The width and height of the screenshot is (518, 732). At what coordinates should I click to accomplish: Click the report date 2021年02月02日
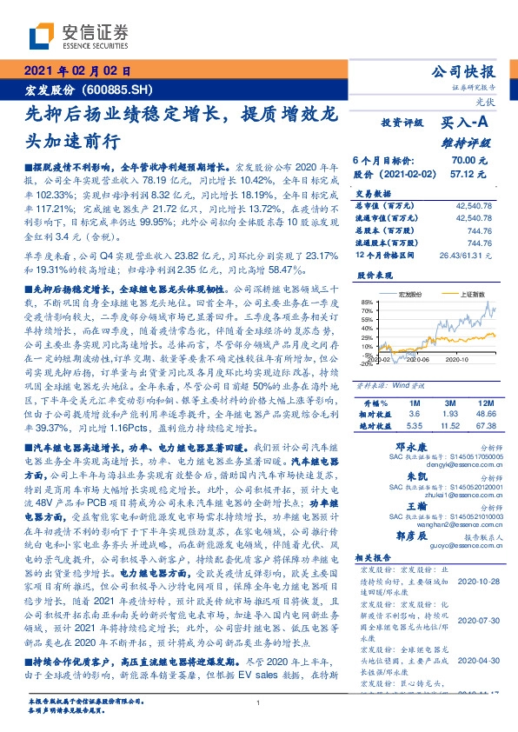point(76,71)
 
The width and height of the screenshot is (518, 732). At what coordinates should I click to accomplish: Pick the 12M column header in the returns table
point(484,403)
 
